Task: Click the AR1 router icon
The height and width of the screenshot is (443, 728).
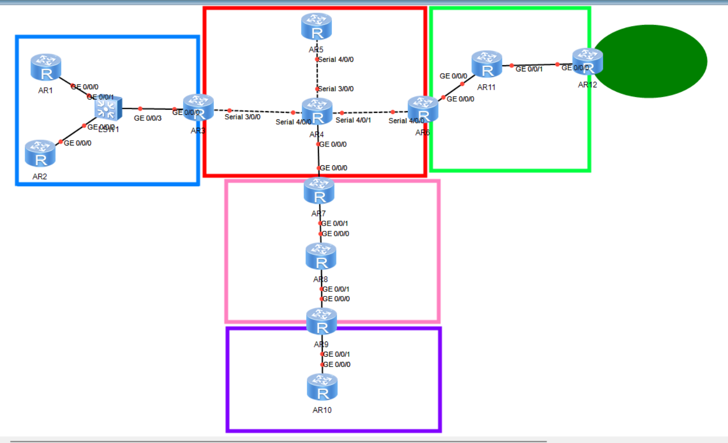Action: (46, 67)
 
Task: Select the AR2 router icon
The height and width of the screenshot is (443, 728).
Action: (40, 154)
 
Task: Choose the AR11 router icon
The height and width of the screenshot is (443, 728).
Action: (487, 64)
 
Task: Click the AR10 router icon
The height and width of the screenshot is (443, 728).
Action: (322, 387)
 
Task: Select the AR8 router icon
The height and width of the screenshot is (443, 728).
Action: (321, 257)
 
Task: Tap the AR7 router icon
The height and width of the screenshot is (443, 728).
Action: (319, 191)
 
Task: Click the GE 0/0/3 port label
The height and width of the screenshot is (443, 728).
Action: (148, 118)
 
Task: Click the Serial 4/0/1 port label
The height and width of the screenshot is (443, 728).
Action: (353, 120)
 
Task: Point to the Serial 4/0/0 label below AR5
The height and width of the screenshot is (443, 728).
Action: (336, 60)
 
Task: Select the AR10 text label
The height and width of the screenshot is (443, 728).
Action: (322, 410)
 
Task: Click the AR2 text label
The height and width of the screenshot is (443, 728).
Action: (40, 177)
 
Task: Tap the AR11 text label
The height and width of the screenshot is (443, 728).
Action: (487, 87)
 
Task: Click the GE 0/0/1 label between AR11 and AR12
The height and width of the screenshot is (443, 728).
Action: (529, 69)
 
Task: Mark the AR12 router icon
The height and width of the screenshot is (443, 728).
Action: (588, 62)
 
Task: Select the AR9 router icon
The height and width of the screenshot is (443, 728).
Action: (322, 322)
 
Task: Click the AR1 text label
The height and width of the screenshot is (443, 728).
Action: (45, 90)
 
